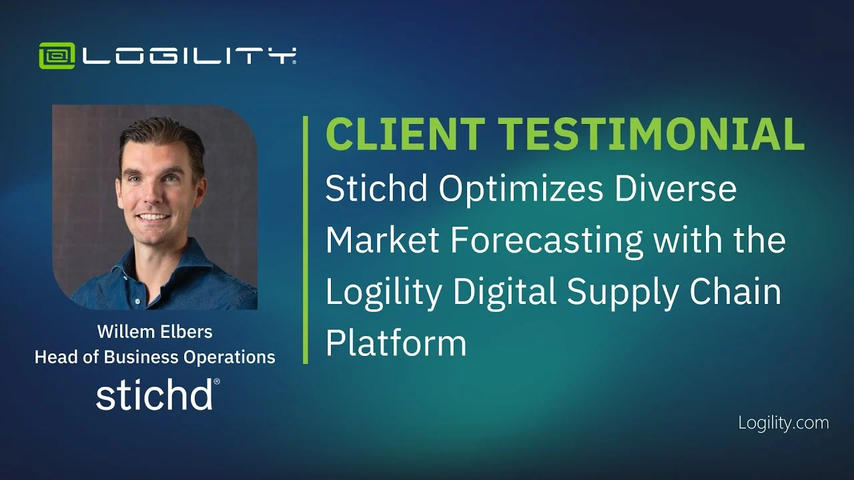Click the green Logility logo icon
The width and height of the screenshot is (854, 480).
click(57, 55)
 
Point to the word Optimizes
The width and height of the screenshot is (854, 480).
click(521, 190)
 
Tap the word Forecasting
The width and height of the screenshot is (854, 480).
click(546, 241)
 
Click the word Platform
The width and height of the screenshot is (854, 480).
click(396, 343)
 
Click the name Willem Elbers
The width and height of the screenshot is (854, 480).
click(155, 331)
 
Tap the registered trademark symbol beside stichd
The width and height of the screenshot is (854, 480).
click(217, 381)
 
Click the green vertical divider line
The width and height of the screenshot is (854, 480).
click(306, 240)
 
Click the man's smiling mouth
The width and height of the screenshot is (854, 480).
click(153, 217)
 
